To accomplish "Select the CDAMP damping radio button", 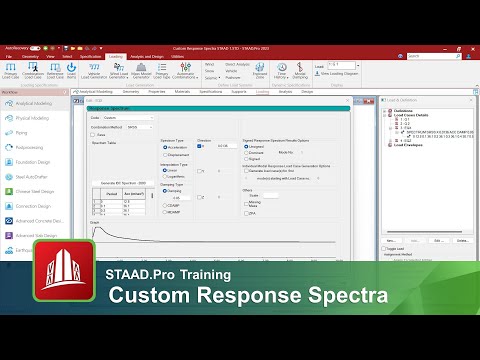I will [164, 204].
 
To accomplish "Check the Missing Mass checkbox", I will [245, 202].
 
